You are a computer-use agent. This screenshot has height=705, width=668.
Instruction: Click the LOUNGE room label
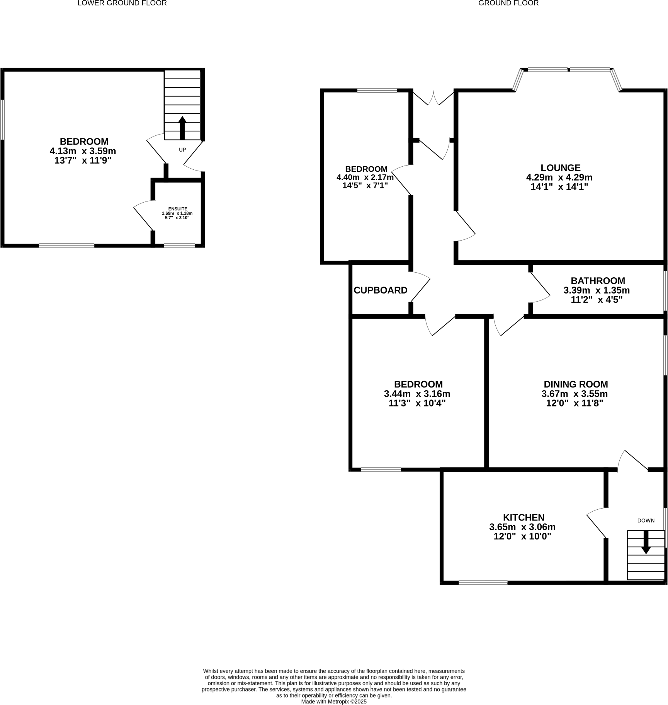point(560,168)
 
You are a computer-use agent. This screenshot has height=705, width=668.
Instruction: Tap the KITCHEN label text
point(524,517)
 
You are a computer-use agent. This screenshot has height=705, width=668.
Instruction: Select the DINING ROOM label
point(576,384)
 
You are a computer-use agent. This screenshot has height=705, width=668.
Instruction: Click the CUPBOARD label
point(381,290)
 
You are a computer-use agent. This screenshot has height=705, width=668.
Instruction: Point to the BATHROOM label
point(598,281)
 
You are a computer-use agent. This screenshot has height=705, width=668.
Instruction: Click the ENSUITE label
point(177,209)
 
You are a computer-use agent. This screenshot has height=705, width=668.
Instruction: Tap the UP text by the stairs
point(182,150)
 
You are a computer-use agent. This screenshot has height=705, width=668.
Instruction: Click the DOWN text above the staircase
point(646,521)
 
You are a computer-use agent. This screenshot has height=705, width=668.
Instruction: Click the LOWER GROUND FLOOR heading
point(122,3)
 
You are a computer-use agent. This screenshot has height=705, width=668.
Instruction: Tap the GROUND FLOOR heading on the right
point(508,3)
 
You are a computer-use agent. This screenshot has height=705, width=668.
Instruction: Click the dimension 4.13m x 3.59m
point(83,151)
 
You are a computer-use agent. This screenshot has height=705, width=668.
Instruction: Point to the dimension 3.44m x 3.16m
point(417,394)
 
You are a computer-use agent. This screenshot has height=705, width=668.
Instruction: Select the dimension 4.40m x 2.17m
point(365,178)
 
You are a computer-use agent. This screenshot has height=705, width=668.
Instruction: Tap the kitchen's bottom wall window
point(483,582)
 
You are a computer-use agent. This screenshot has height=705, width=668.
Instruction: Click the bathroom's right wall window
point(665,290)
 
